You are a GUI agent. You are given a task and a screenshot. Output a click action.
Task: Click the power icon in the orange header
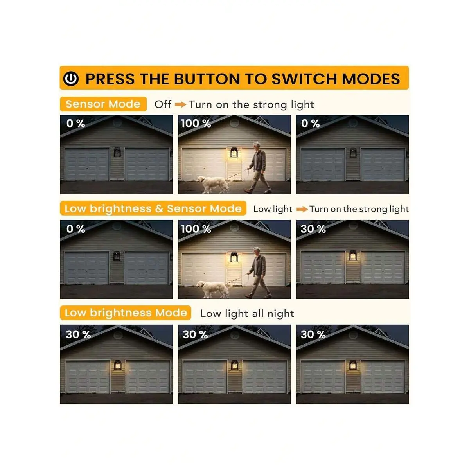click(x=71, y=79)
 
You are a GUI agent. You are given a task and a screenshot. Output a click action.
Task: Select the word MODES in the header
click(x=371, y=79)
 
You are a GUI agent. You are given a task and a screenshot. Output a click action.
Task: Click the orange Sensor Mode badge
click(x=103, y=104)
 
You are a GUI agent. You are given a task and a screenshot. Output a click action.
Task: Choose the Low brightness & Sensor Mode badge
click(x=153, y=208)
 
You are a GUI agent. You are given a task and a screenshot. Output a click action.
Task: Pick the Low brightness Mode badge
click(x=126, y=313)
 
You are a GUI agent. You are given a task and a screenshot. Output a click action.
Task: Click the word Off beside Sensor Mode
click(x=163, y=104)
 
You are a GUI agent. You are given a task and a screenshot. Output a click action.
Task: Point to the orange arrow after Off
click(x=181, y=105)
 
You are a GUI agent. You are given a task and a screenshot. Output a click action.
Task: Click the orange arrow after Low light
click(x=302, y=209)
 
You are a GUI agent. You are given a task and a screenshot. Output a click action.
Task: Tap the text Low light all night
click(x=247, y=313)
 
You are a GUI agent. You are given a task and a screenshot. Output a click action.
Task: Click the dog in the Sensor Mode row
click(x=213, y=184)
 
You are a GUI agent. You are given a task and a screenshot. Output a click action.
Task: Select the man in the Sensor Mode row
click(x=257, y=168)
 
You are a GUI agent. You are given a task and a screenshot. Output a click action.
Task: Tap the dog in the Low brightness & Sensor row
click(x=213, y=289)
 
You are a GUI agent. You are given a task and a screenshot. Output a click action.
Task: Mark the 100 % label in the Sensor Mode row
click(x=196, y=124)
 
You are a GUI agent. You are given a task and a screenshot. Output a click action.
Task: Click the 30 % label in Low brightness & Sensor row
click(x=313, y=229)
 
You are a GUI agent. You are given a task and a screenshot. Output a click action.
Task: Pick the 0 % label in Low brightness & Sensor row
click(x=75, y=229)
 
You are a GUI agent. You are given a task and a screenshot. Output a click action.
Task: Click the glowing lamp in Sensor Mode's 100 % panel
click(x=234, y=153)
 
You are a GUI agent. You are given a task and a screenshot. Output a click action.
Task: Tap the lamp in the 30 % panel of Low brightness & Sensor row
click(x=353, y=255)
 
